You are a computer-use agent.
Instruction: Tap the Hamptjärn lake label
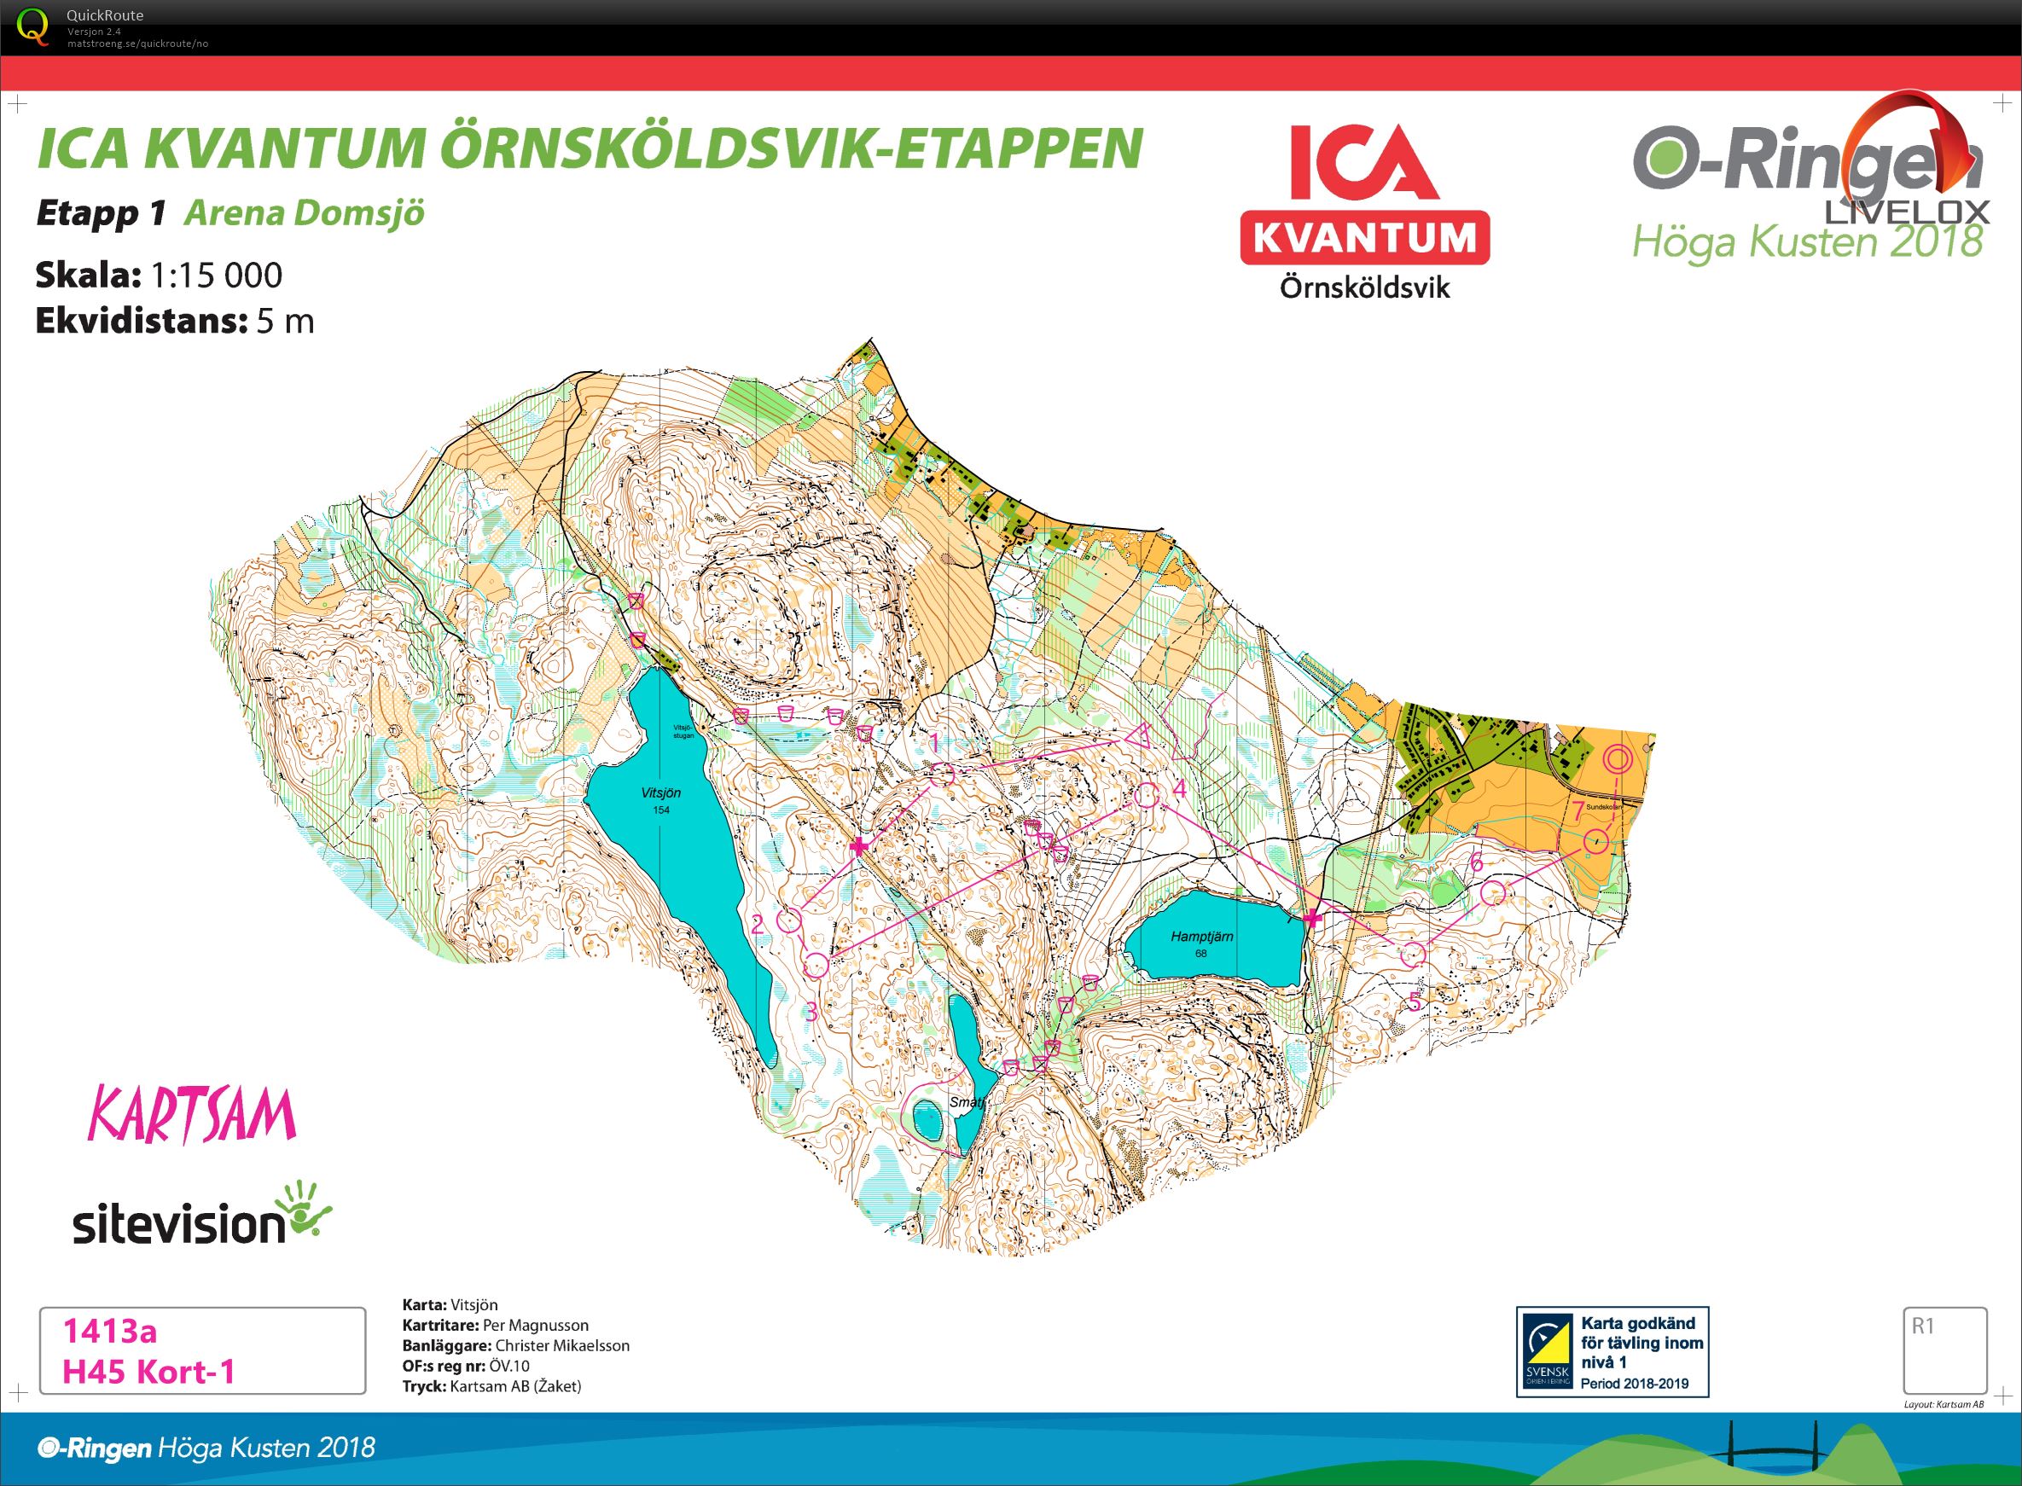click(1200, 937)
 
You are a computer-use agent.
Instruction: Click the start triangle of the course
click(1140, 737)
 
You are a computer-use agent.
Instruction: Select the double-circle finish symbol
click(1618, 759)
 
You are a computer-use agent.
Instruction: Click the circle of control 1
click(942, 775)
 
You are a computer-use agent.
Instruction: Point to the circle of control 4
click(1146, 794)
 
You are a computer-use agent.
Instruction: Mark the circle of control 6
click(1492, 893)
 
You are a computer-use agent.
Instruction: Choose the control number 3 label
click(810, 1012)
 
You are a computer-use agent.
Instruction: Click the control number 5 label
click(1415, 1001)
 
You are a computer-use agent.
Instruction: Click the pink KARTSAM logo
click(192, 1116)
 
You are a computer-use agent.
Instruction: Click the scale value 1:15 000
click(216, 276)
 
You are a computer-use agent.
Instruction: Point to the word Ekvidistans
click(140, 321)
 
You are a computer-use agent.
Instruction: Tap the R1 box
click(1944, 1350)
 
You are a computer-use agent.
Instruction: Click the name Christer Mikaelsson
click(561, 1346)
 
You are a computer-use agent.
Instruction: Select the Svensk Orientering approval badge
click(1612, 1351)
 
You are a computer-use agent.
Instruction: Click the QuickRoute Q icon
click(33, 26)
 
